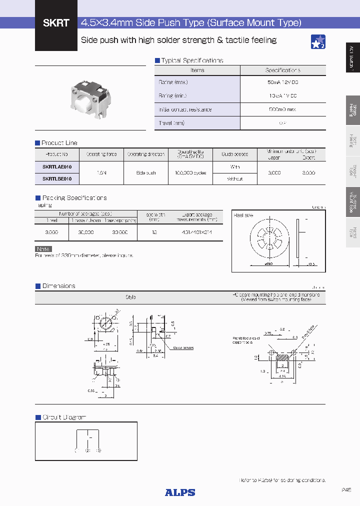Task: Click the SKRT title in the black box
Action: click(x=55, y=23)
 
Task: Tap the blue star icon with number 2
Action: click(x=318, y=42)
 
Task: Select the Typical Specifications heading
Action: click(x=192, y=60)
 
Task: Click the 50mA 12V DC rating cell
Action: click(x=282, y=82)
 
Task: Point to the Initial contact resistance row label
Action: click(x=185, y=109)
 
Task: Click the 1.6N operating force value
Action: click(x=101, y=172)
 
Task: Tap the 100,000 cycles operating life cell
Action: click(x=190, y=172)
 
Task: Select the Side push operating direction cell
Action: click(x=146, y=172)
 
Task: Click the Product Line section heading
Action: click(x=59, y=143)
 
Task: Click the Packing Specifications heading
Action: click(x=74, y=198)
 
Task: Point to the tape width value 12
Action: click(x=153, y=232)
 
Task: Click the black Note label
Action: click(x=43, y=249)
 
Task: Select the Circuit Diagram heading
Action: click(x=64, y=417)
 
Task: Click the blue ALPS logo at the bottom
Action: click(x=180, y=492)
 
